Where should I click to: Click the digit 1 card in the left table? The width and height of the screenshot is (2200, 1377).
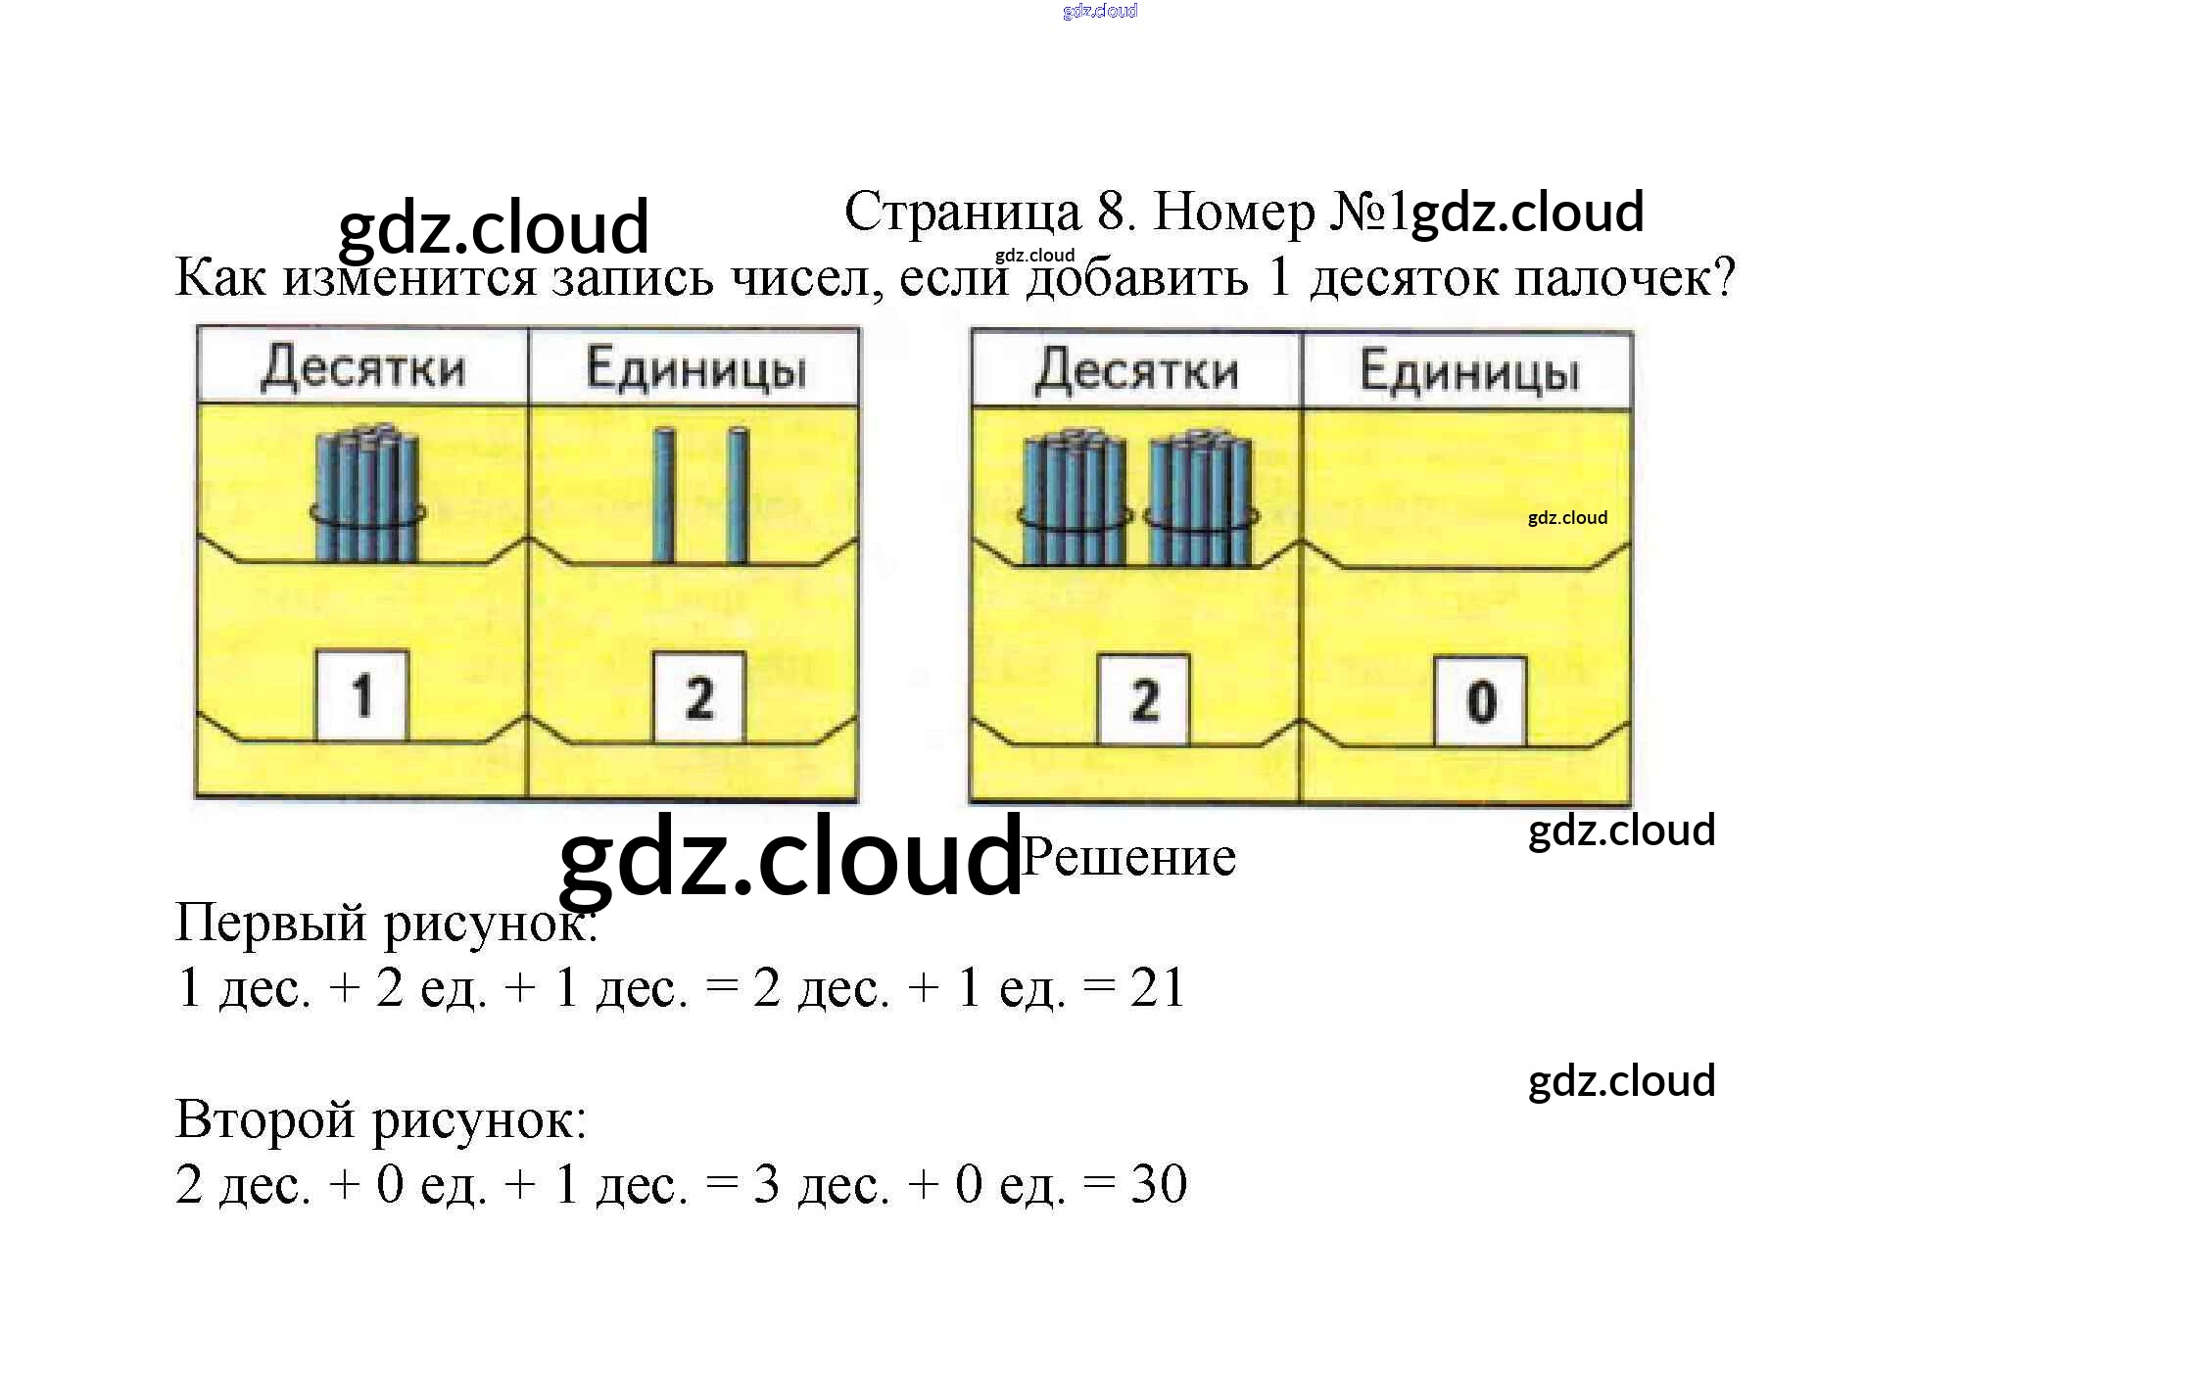coord(361,695)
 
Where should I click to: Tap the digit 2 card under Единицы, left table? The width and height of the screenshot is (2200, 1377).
coord(699,697)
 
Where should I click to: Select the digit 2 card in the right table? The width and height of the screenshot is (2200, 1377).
coord(1143,700)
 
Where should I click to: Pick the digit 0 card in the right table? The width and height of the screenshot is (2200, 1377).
coord(1480,702)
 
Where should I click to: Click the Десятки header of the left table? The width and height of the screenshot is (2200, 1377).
coord(363,368)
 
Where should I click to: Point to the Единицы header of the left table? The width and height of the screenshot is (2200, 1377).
coord(696,370)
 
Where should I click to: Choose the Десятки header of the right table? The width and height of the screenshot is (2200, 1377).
coord(1137,372)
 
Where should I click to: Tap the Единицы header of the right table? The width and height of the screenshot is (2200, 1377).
coord(1470,373)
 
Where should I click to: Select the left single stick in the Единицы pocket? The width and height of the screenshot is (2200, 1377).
coord(664,496)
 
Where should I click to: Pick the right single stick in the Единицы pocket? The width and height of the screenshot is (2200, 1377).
coord(738,496)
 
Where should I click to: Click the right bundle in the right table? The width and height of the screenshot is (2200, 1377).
coord(1201,499)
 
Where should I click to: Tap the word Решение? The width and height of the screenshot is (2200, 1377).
coord(1128,857)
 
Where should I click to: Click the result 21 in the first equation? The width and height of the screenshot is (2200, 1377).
coord(1158,987)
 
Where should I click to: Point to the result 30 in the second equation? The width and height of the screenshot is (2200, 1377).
coord(1159,1184)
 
